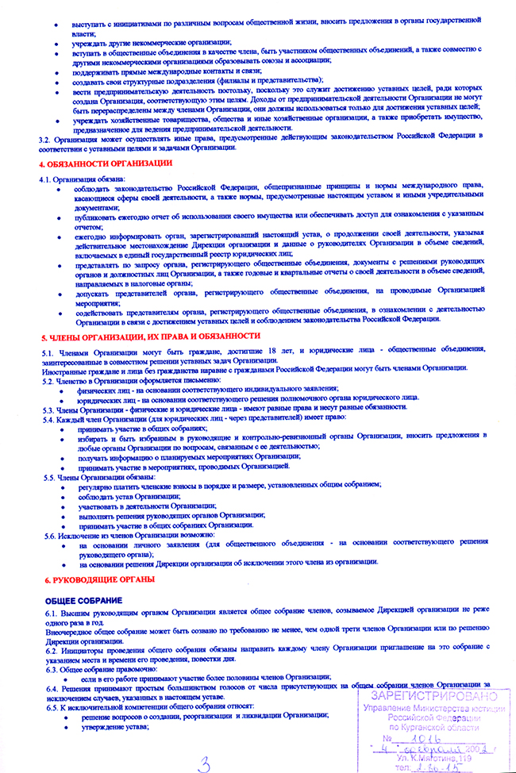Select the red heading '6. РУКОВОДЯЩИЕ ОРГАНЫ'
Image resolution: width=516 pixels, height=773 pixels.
(x=99, y=580)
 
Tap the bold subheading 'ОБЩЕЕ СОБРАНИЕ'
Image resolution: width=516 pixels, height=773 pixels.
(x=83, y=601)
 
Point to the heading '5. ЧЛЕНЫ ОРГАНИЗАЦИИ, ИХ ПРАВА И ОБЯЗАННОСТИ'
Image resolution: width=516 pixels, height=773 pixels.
(x=151, y=337)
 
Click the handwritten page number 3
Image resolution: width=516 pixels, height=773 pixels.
(x=204, y=763)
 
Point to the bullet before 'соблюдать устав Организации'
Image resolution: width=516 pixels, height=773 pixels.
(x=67, y=495)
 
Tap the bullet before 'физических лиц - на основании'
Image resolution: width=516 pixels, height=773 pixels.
(x=67, y=389)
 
